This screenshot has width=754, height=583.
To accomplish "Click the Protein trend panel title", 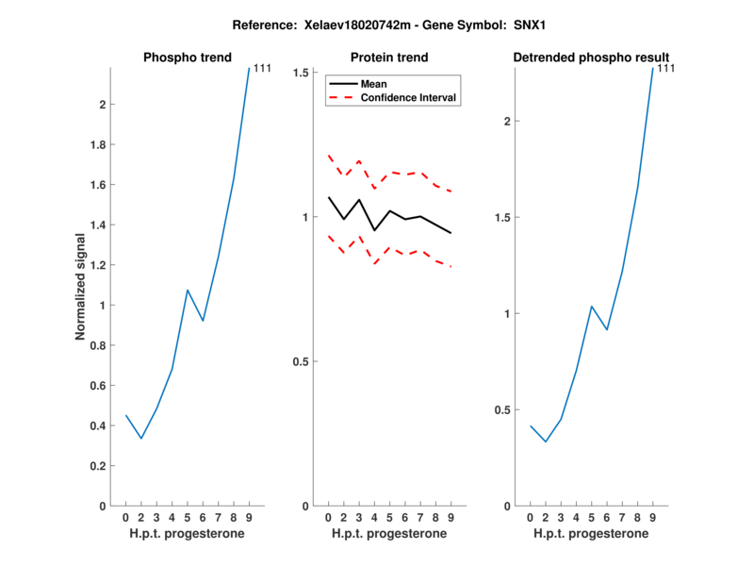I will [x=389, y=58].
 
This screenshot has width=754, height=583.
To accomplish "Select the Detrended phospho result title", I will [x=591, y=58].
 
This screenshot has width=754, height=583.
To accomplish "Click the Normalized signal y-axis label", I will [x=82, y=287].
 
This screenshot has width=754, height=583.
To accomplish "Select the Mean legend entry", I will [x=374, y=84].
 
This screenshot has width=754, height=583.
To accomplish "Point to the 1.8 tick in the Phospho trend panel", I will [x=95, y=145].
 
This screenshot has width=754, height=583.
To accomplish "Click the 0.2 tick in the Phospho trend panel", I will [x=95, y=466].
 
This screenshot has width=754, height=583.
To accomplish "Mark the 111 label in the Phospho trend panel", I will [x=263, y=68].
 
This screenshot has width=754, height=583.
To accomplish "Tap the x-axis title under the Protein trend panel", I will [x=388, y=533].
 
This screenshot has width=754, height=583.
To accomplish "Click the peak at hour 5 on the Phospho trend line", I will [x=188, y=290].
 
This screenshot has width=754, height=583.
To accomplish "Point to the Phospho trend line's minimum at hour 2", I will [x=141, y=438].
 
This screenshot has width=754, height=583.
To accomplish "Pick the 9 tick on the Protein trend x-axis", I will [x=451, y=517].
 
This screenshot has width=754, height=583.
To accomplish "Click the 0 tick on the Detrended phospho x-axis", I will [x=531, y=517].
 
